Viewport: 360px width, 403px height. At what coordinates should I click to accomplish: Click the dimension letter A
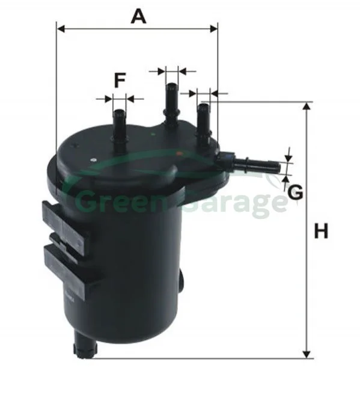click(138, 16)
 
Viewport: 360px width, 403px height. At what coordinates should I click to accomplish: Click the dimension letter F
click(120, 80)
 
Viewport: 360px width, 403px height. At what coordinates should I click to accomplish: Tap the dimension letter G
click(295, 192)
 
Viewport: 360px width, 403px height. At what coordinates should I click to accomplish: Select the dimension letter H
click(321, 231)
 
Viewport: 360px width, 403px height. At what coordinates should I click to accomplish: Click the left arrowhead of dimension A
click(61, 29)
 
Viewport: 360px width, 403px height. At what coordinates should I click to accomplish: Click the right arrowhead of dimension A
click(213, 29)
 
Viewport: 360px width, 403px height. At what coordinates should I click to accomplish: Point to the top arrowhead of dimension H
click(306, 106)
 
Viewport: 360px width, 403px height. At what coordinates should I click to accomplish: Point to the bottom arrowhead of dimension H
click(306, 355)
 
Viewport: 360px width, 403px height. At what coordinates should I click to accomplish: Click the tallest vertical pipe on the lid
click(171, 105)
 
